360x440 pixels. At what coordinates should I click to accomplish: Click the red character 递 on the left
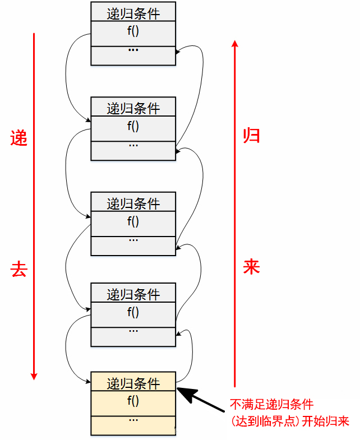tap(19, 138)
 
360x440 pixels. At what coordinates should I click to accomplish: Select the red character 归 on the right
tap(251, 135)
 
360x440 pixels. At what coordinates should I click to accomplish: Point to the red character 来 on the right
tap(251, 267)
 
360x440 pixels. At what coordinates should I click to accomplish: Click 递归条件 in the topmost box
tap(133, 12)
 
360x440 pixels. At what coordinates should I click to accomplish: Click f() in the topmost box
tap(133, 31)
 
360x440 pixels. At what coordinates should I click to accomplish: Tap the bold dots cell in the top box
tap(133, 50)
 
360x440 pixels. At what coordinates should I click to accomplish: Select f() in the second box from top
tap(133, 126)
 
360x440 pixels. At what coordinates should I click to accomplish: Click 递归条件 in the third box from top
tap(133, 203)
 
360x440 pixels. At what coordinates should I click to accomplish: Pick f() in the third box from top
tap(133, 221)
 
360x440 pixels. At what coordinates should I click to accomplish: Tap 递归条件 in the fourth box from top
tap(133, 294)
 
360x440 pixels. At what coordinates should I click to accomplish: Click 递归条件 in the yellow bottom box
tap(133, 383)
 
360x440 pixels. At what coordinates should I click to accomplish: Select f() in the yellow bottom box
tap(133, 401)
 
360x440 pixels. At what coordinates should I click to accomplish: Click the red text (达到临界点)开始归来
tap(290, 421)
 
